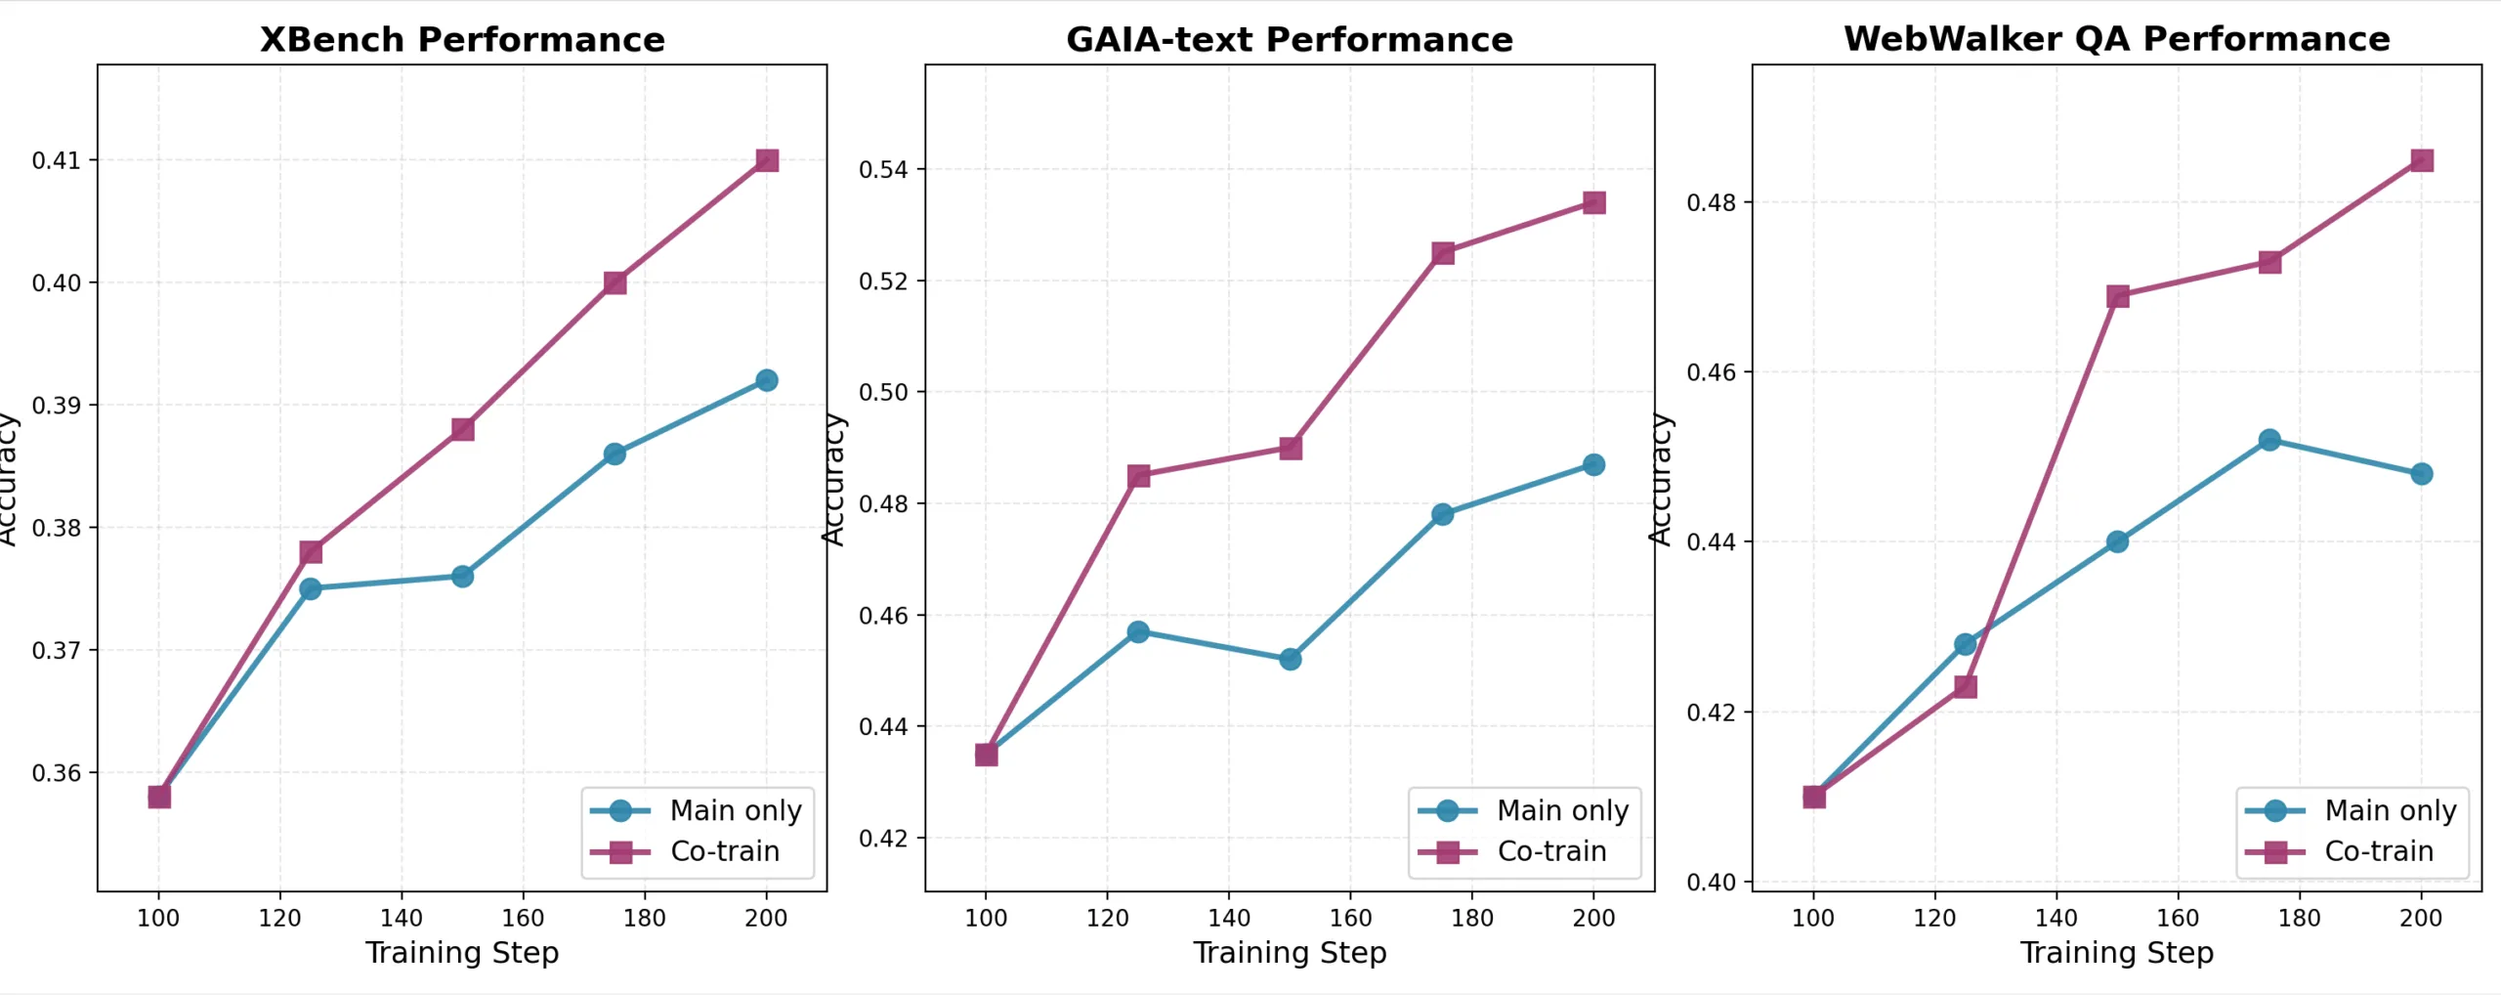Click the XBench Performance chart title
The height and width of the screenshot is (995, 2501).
point(462,40)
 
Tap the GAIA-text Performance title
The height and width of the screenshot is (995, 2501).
point(1289,40)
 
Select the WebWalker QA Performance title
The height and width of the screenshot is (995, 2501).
point(2116,39)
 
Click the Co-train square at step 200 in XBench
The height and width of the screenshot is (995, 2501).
point(767,160)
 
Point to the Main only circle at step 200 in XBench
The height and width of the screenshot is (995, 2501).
point(767,380)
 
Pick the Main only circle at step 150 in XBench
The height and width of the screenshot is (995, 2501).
point(463,577)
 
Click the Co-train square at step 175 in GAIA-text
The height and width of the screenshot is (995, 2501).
point(1443,253)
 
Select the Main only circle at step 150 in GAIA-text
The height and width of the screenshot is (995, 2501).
point(1291,659)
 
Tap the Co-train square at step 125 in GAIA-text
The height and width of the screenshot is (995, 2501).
point(1138,476)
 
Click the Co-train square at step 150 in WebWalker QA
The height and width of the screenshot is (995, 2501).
point(2118,296)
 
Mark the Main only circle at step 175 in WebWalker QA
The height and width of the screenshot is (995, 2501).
point(2269,440)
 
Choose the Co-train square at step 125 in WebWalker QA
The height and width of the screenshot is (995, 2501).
point(1966,686)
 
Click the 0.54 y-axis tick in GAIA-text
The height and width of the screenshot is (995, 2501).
point(883,170)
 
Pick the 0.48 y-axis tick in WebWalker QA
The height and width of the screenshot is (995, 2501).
point(1712,203)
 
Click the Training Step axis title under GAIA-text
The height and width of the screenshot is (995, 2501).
point(1290,952)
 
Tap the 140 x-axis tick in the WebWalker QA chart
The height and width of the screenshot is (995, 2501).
point(2056,918)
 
